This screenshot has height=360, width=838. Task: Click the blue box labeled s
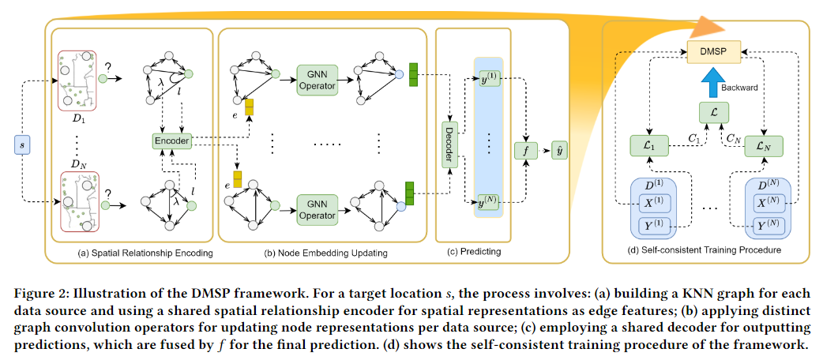point(22,144)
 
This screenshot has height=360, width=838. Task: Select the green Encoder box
point(171,141)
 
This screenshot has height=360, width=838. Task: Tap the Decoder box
point(449,144)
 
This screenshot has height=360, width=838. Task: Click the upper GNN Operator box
point(318,80)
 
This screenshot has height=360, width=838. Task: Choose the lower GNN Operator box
point(318,209)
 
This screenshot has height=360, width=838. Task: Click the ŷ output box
point(560,151)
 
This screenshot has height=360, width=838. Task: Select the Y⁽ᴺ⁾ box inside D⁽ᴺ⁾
point(768,226)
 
